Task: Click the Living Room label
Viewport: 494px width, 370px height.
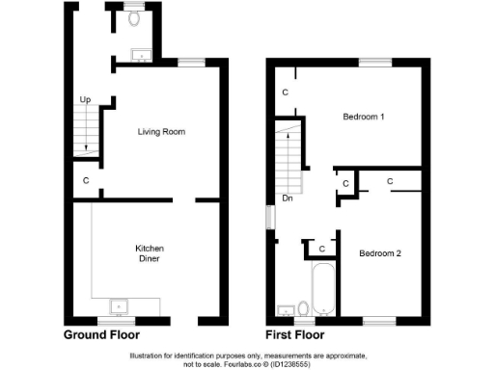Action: point(159,131)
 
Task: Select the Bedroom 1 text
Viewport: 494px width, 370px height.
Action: point(364,117)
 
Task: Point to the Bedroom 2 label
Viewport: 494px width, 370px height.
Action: point(380,253)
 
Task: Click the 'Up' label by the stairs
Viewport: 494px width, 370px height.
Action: point(84,100)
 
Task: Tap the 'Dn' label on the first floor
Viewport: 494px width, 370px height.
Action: point(288,198)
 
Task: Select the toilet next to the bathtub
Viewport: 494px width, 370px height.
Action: point(303,308)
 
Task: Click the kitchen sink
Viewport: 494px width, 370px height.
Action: point(121,307)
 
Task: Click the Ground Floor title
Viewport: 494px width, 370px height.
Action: point(101,335)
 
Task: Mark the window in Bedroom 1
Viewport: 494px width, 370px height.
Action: point(375,63)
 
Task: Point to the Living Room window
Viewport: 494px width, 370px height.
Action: point(191,63)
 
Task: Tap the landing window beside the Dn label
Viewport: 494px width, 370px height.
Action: point(269,218)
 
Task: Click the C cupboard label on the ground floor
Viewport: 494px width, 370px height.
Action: point(85,180)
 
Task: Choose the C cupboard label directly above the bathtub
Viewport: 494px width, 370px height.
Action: point(321,249)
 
